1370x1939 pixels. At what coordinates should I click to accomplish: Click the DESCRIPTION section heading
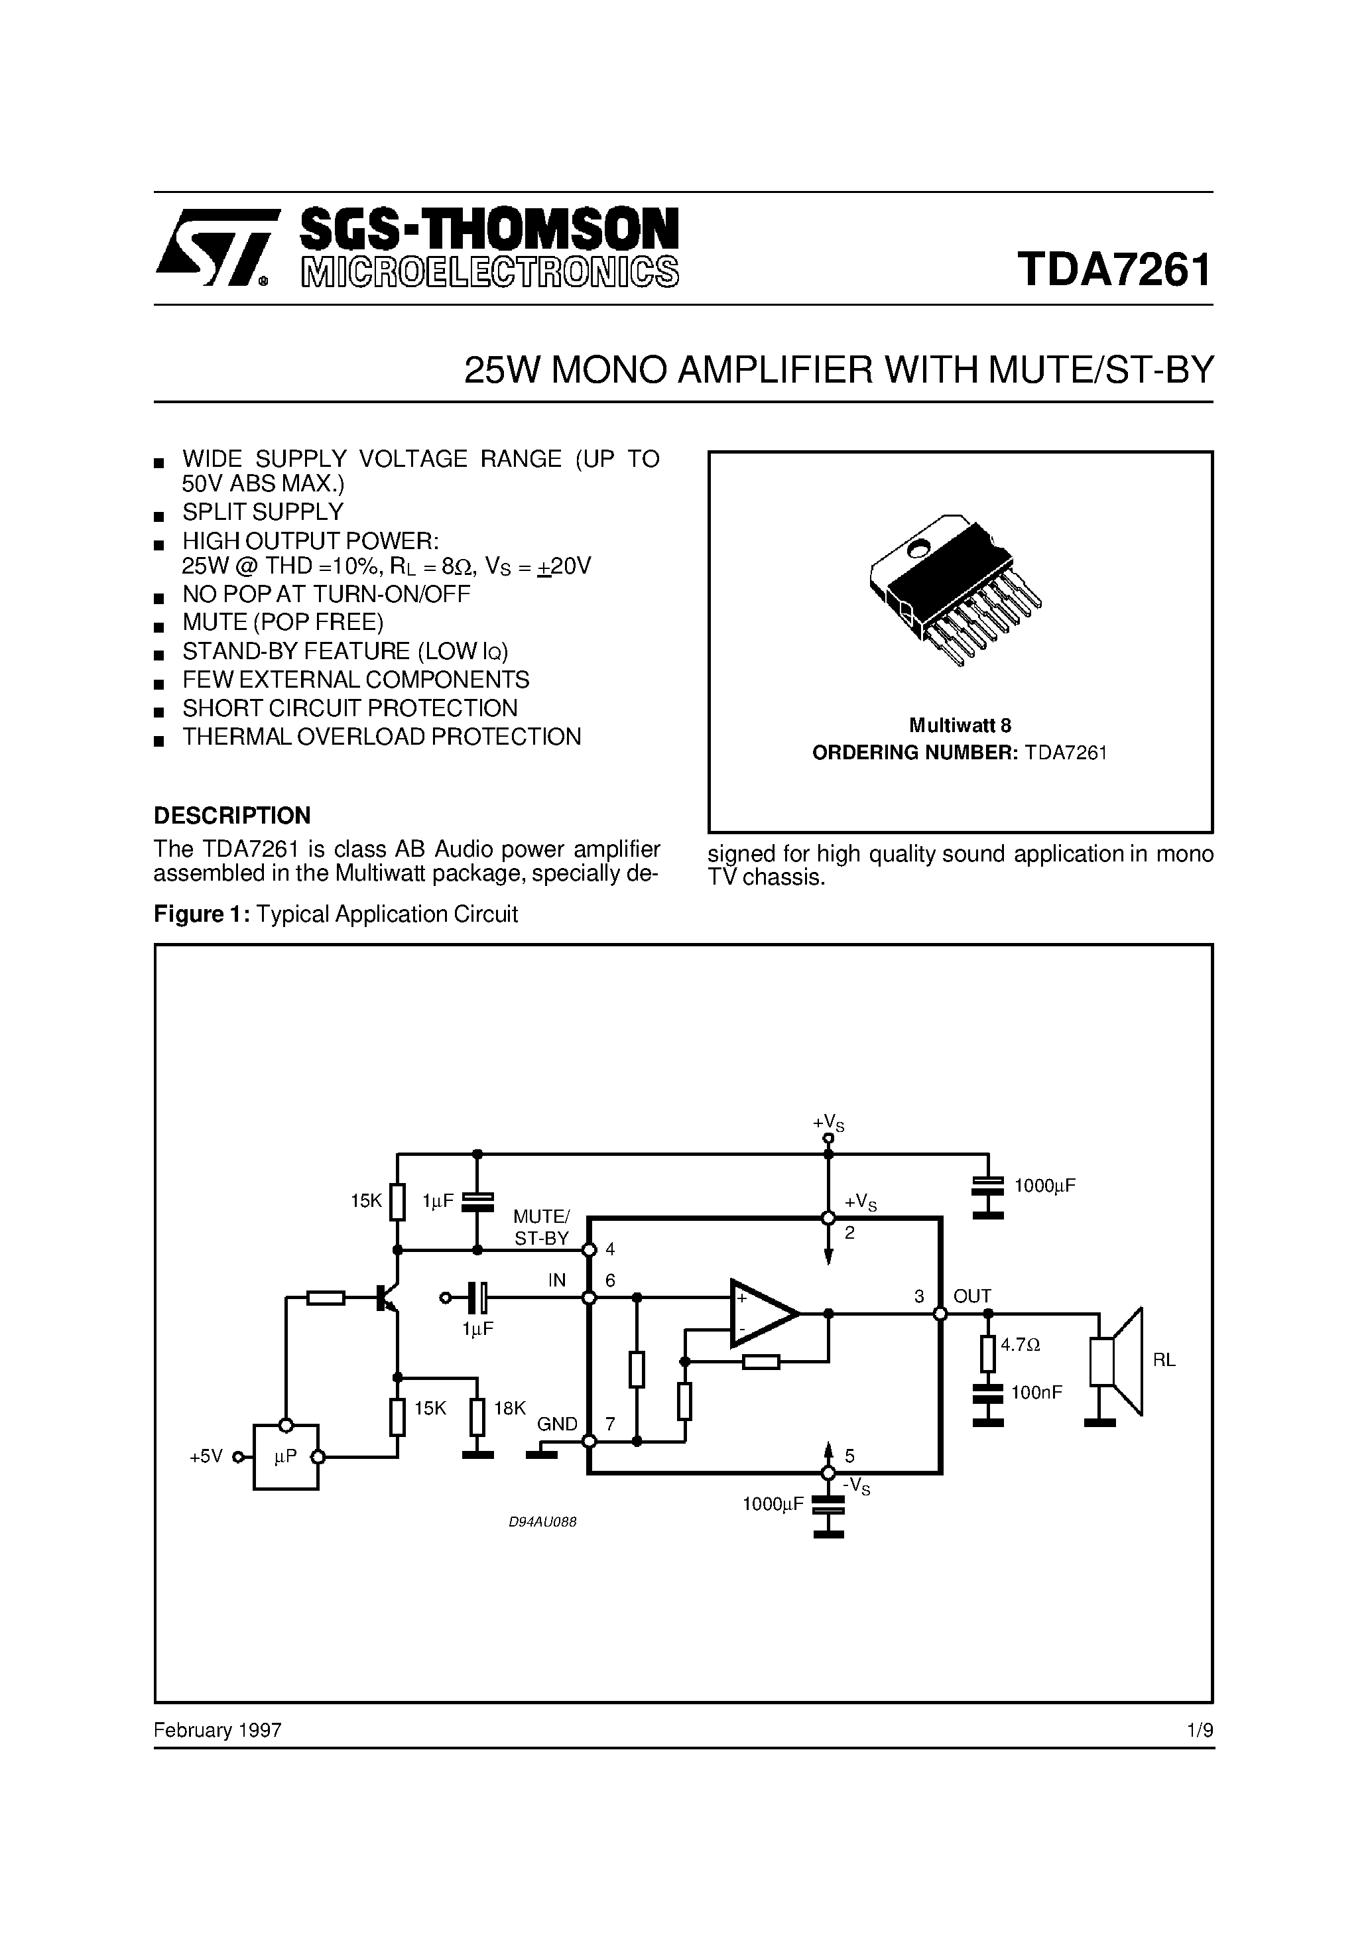pyautogui.click(x=231, y=815)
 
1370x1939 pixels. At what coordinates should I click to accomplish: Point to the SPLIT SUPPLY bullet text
pyautogui.click(x=263, y=512)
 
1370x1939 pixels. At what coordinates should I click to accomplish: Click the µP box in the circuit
pyautogui.click(x=286, y=1457)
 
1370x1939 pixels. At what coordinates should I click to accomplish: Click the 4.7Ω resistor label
pyautogui.click(x=1021, y=1344)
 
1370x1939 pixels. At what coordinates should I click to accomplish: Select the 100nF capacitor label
pyautogui.click(x=1036, y=1393)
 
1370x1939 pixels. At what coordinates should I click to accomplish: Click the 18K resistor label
pyautogui.click(x=509, y=1408)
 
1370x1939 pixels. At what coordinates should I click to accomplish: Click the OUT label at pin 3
pyautogui.click(x=972, y=1296)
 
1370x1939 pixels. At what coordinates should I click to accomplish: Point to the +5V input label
pyautogui.click(x=206, y=1457)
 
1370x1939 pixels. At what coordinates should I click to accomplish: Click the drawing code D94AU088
pyautogui.click(x=542, y=1522)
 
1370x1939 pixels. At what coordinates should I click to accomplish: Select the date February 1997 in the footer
pyautogui.click(x=217, y=1729)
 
